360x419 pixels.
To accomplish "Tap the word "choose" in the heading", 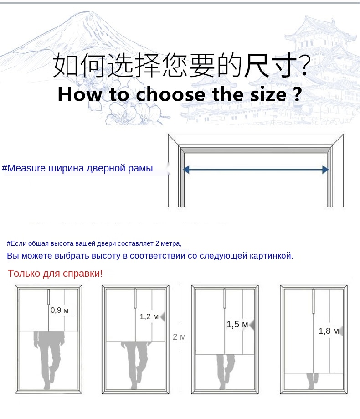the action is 170,94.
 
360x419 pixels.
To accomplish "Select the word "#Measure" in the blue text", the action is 24,168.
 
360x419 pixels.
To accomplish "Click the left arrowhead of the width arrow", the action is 186,170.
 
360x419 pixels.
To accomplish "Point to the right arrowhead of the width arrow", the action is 325,170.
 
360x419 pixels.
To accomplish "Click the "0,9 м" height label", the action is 60,310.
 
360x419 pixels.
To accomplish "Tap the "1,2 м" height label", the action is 149,317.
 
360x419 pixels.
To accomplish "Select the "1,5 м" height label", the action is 237,325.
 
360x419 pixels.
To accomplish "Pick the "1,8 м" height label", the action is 329,331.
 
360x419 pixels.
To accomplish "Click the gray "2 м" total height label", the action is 179,337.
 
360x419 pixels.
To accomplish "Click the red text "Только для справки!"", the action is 55,274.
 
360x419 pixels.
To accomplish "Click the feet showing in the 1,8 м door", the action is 313,381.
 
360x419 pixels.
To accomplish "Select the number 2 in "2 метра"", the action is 157,243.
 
